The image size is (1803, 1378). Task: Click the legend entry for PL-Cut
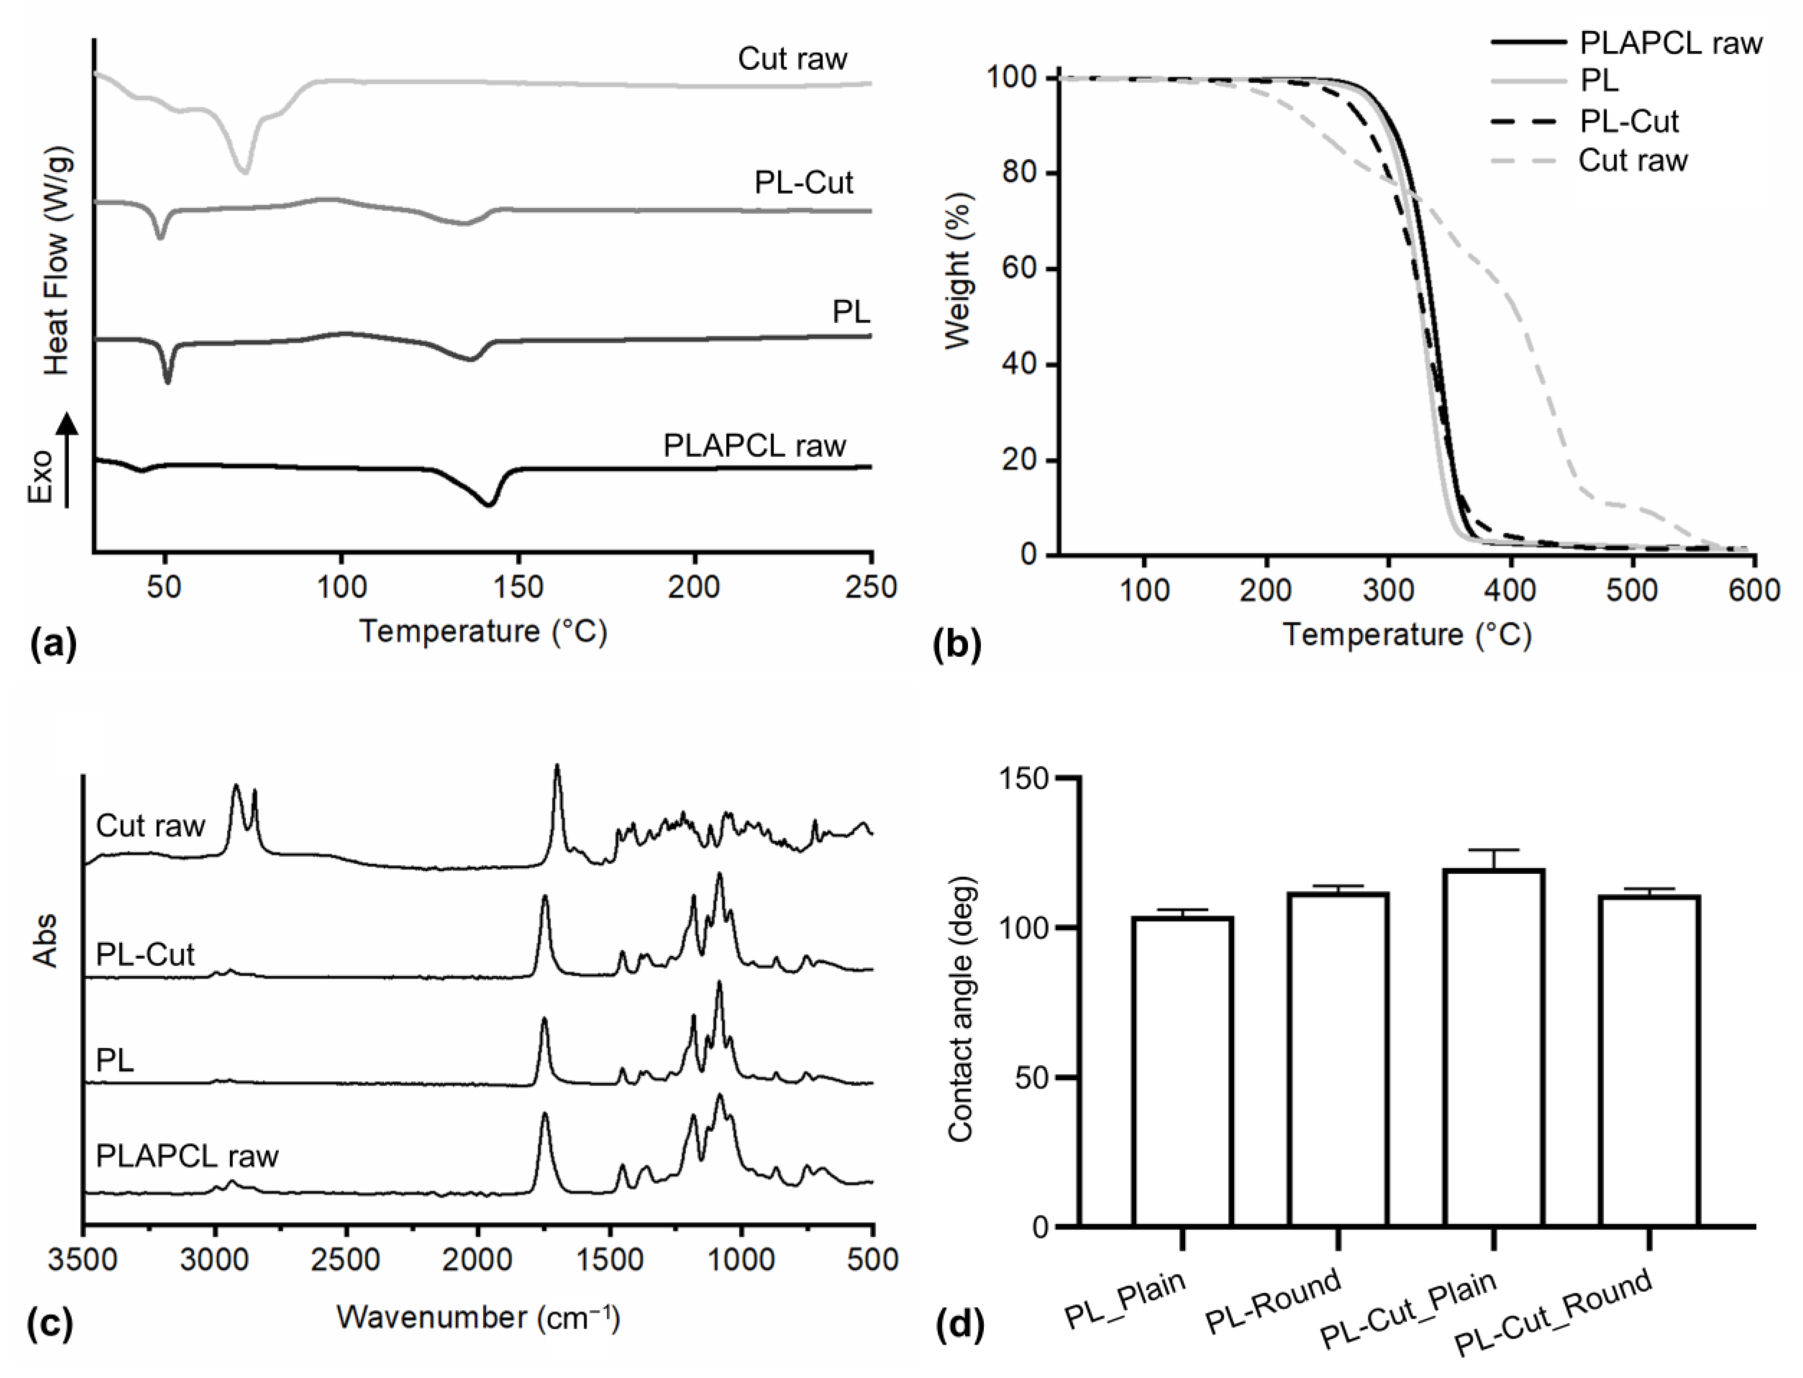click(1628, 121)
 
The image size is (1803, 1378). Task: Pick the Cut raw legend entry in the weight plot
click(1632, 160)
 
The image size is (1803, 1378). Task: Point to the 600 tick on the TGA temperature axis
click(1754, 590)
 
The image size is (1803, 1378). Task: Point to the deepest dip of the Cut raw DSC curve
click(243, 171)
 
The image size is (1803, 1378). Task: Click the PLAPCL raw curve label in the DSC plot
click(754, 446)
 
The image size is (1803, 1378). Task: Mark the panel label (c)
click(51, 1324)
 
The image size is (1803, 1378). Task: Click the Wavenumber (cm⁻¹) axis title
click(478, 1317)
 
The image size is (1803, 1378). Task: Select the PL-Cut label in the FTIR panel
click(145, 954)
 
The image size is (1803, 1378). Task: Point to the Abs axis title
click(46, 939)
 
